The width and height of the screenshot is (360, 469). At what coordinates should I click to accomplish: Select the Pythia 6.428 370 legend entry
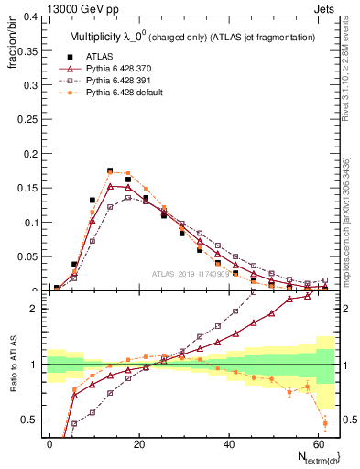pyautogui.click(x=115, y=68)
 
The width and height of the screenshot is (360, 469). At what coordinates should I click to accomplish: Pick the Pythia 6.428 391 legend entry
pyautogui.click(x=115, y=80)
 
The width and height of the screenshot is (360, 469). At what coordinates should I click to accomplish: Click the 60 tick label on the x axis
pyautogui.click(x=317, y=443)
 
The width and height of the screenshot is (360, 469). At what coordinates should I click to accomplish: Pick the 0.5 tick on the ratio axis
pyautogui.click(x=31, y=420)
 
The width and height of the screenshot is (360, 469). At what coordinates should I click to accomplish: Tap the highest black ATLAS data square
pyautogui.click(x=110, y=171)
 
